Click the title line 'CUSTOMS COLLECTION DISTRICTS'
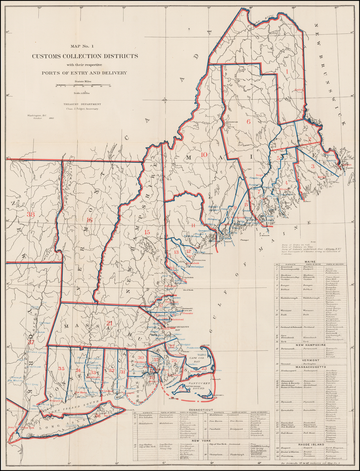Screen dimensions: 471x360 pos(85,56)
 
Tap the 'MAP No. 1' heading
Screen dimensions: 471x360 pos(82,46)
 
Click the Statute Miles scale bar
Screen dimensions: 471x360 pos(83,85)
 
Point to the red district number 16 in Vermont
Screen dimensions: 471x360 pos(89,220)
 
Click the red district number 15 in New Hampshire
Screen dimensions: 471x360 pos(147,232)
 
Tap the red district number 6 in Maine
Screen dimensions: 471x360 pos(248,122)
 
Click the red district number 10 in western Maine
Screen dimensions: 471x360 pos(204,154)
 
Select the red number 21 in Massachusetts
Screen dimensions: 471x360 pos(109,323)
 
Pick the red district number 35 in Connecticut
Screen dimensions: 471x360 pos(62,368)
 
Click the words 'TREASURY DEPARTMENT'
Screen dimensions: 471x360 pos(82,104)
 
